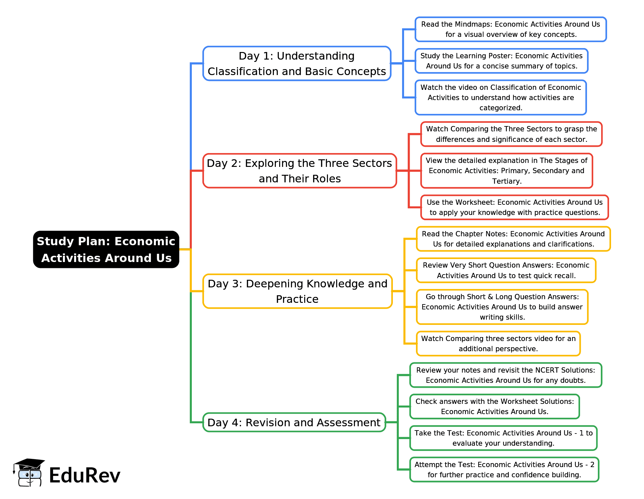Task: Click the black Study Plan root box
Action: pos(106,249)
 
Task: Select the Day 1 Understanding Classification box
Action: pos(297,64)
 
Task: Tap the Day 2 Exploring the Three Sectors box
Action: pos(300,171)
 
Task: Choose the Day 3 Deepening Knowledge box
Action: pos(297,291)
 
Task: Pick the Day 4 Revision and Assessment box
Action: pos(294,422)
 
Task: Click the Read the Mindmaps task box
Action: pos(511,29)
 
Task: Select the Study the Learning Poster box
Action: pos(501,61)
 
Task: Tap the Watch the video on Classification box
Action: pos(501,97)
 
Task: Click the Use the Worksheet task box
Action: pos(514,207)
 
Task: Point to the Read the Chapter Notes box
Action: pos(513,239)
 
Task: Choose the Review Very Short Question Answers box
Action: pos(506,270)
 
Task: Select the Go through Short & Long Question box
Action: pos(502,307)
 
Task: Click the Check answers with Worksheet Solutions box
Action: pos(494,407)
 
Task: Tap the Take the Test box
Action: pos(503,438)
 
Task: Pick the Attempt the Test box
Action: pos(504,470)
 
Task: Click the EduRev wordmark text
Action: pos(85,475)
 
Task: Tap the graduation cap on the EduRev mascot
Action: pos(29,464)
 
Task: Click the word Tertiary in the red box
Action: pos(507,181)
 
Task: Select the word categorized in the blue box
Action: pos(501,108)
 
